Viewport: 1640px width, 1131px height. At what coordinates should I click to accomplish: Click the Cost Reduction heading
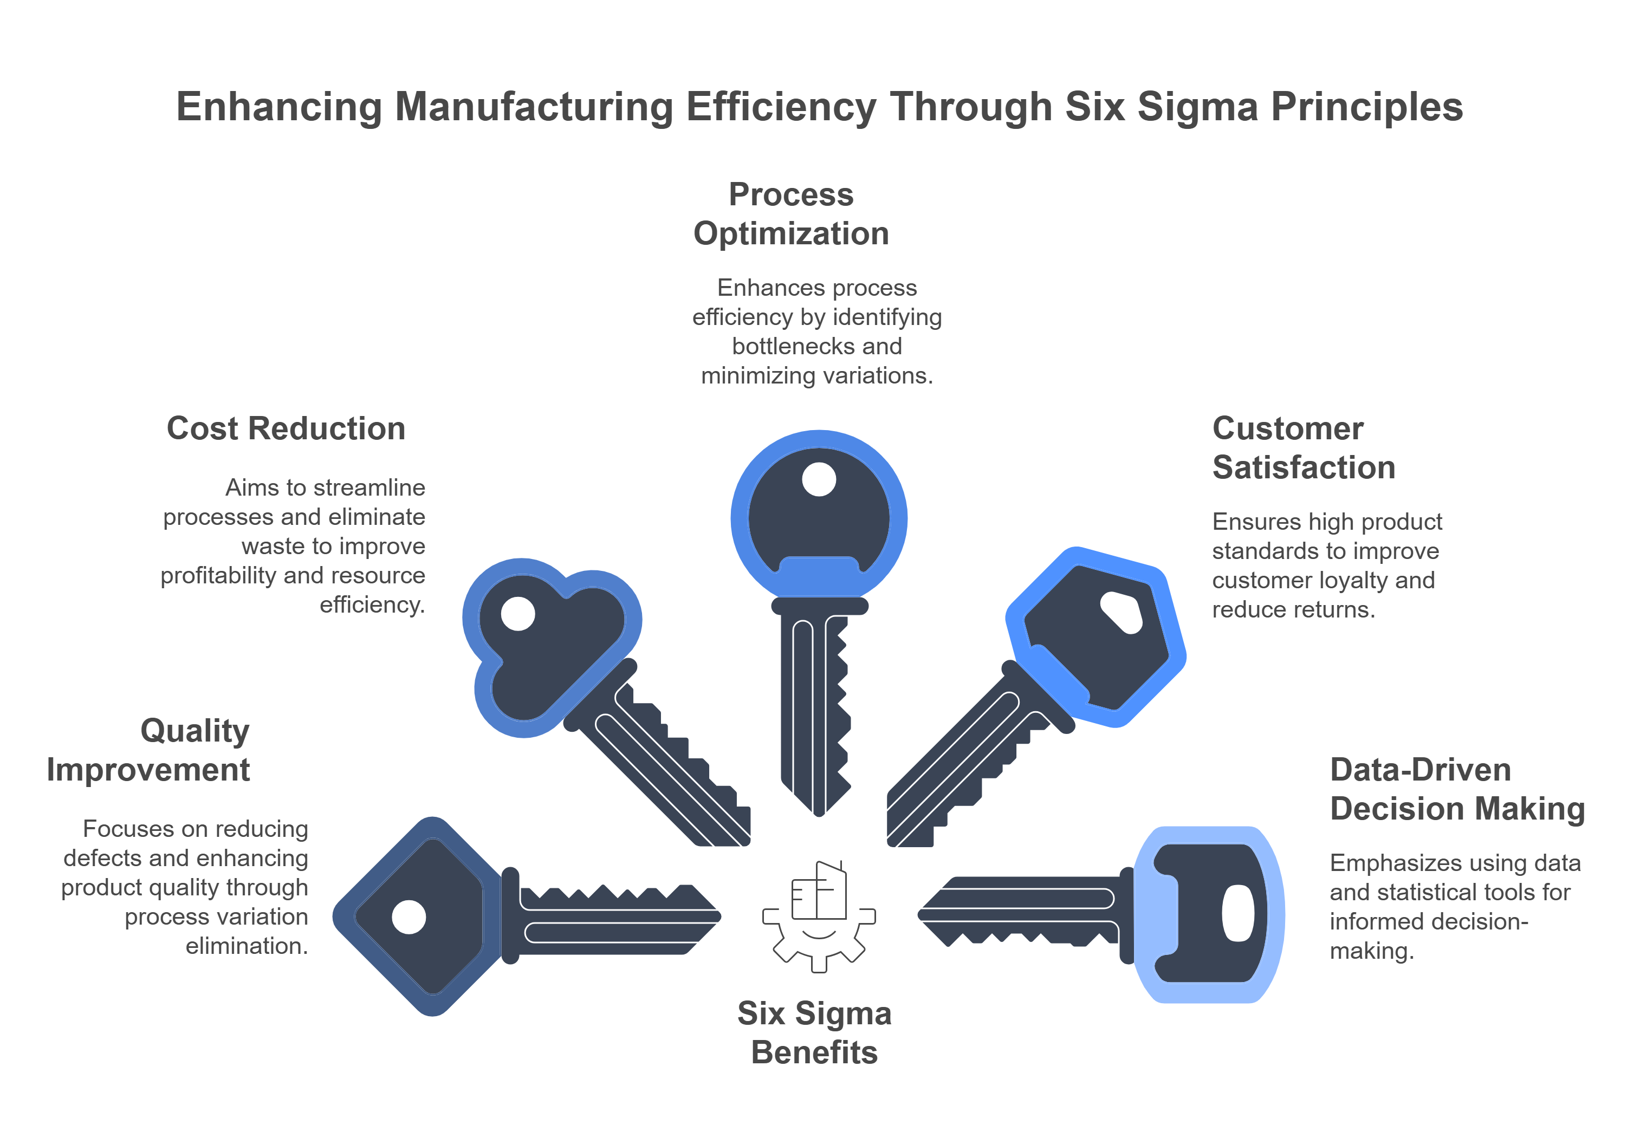click(x=286, y=429)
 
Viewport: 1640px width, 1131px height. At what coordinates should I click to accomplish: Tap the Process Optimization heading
click(x=791, y=214)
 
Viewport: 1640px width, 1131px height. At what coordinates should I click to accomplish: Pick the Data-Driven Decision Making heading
click(x=1456, y=789)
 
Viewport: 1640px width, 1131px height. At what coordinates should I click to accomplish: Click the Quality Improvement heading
click(x=149, y=750)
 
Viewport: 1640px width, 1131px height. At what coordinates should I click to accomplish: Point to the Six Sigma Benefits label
click(x=814, y=1032)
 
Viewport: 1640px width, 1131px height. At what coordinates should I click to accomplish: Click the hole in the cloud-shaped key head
click(x=517, y=614)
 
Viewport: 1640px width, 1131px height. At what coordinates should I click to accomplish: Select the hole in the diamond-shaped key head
click(x=409, y=917)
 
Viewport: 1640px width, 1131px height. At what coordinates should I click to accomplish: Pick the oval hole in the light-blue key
click(x=1237, y=913)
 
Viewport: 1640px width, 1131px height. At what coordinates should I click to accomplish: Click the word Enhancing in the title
click(x=278, y=108)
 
